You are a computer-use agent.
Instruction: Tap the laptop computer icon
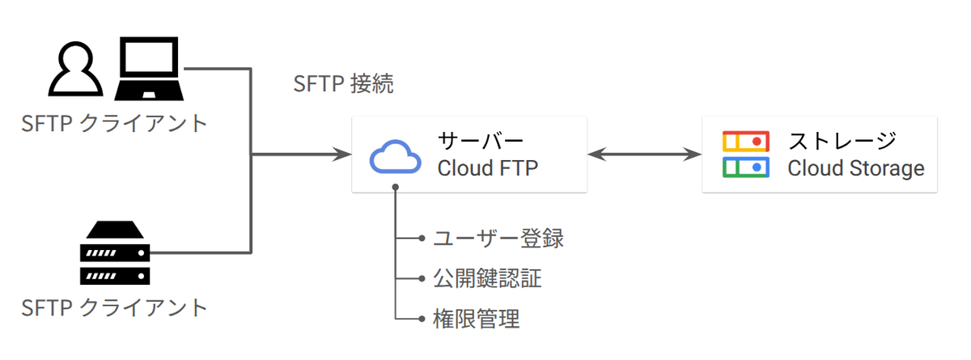[149, 69]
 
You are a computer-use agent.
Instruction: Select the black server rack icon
[115, 252]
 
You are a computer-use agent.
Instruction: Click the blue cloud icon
[395, 157]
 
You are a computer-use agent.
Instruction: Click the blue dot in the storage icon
[757, 167]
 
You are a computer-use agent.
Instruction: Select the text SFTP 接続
[343, 83]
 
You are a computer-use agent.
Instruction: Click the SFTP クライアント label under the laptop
[114, 124]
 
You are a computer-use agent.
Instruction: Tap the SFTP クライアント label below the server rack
[114, 308]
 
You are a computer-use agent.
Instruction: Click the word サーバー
[481, 141]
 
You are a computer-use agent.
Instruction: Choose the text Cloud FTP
[488, 168]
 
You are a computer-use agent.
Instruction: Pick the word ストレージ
[842, 141]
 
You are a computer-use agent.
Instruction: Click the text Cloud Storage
[856, 168]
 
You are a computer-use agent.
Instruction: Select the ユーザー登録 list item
[498, 239]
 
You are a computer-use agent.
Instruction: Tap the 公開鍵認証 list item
[488, 278]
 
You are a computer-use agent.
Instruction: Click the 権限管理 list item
[477, 319]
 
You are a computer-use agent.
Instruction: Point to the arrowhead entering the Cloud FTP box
[343, 155]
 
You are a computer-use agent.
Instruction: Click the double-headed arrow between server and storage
[645, 155]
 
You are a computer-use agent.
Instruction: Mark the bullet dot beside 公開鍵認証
[422, 278]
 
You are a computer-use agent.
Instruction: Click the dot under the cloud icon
[396, 187]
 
